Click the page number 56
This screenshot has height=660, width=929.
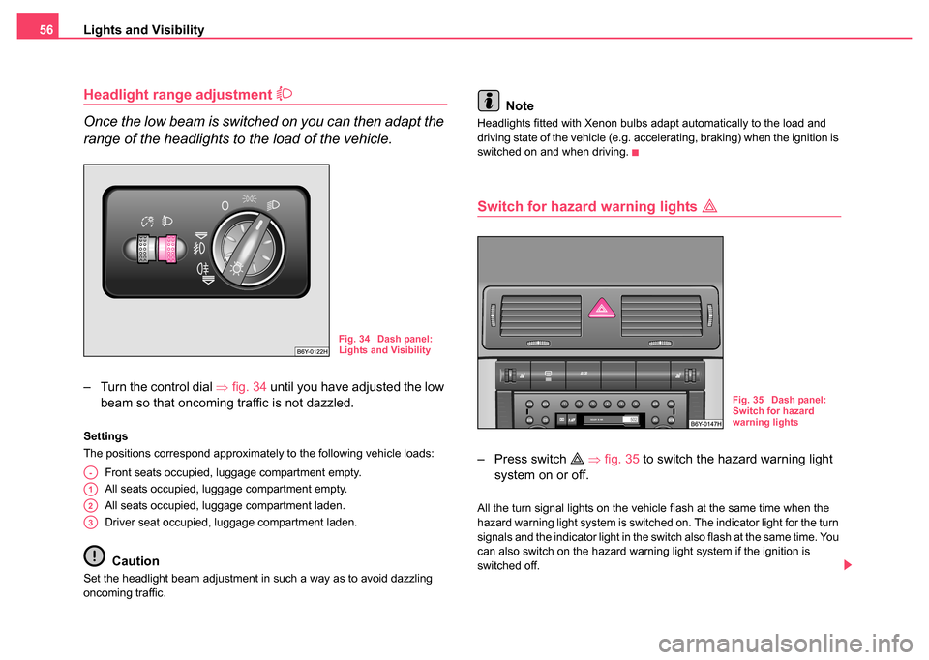coord(45,30)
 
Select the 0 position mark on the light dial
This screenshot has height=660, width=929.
coord(225,206)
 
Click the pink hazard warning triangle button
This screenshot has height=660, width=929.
coord(600,309)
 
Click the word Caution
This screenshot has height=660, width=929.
coord(135,561)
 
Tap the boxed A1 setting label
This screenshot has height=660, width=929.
coord(89,490)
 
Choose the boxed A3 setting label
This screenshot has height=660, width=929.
coord(89,523)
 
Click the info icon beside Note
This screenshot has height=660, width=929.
coord(489,101)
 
